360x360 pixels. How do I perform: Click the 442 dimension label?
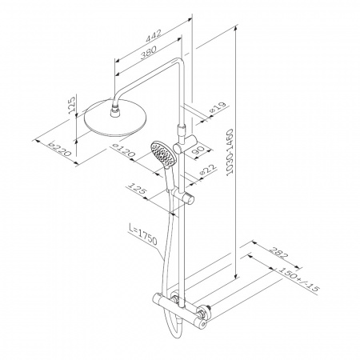click(154, 36)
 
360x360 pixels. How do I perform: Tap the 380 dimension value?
click(148, 52)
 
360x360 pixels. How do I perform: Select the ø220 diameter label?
click(60, 149)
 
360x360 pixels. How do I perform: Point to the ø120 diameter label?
click(123, 150)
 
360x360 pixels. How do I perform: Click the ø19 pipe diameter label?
click(218, 108)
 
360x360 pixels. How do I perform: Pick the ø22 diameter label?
click(208, 170)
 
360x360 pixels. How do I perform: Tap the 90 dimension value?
click(198, 151)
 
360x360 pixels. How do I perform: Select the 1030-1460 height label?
click(230, 152)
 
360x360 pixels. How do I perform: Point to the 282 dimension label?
click(279, 253)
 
